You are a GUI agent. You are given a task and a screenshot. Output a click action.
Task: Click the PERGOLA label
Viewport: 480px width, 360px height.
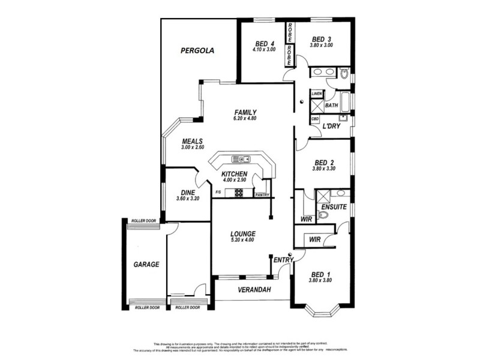point(197,51)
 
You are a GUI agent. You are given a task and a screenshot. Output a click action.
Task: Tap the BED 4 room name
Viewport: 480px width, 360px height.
point(265,44)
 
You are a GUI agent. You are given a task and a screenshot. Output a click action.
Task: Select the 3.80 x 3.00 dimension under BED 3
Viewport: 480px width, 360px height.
point(321,46)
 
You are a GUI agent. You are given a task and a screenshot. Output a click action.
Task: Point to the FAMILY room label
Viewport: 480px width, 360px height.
point(245,112)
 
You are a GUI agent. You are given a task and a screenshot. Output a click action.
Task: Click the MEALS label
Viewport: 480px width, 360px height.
point(193,142)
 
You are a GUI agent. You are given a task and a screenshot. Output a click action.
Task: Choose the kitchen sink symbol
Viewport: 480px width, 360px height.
point(241,159)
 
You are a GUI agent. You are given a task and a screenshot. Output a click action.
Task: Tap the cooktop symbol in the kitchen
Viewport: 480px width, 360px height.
point(239,193)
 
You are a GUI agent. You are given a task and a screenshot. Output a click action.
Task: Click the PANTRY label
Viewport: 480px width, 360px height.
point(262,195)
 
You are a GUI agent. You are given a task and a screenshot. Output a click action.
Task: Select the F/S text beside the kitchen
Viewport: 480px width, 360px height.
point(218,192)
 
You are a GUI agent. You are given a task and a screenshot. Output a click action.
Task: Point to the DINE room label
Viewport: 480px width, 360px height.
point(187,193)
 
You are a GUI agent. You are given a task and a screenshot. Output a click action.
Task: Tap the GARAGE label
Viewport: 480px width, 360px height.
point(146,264)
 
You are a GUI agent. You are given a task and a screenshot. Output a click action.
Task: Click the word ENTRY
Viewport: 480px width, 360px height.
point(282,260)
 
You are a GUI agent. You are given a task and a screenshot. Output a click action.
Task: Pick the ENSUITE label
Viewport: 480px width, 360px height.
point(334,207)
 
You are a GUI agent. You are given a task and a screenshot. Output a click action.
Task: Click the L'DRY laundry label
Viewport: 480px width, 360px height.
point(331,127)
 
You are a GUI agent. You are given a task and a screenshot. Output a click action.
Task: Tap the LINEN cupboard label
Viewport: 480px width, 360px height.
point(316,94)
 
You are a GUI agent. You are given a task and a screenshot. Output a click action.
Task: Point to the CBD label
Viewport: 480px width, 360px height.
point(315,119)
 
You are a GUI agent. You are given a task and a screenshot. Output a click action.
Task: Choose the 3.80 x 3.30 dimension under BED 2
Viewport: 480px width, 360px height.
point(323,169)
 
